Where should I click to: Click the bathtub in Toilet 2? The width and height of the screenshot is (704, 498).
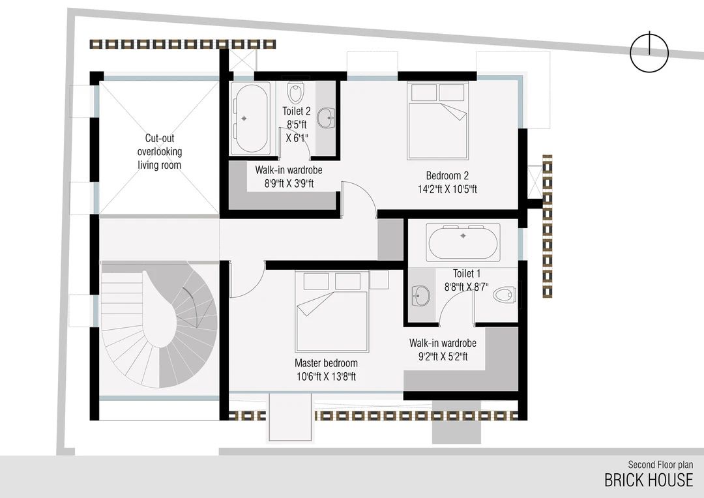[x=252, y=118]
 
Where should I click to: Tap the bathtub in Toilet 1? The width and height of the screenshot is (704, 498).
[x=463, y=242]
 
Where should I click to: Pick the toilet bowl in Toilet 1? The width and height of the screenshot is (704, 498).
[x=505, y=296]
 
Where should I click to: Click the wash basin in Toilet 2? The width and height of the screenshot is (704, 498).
[x=325, y=118]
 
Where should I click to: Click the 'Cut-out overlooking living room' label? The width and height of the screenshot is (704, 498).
[x=159, y=152]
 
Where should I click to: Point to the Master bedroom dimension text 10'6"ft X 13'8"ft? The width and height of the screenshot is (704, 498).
[x=326, y=376]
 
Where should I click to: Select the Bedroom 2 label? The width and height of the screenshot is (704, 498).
[x=447, y=175]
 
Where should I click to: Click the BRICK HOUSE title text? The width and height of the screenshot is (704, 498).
[x=648, y=480]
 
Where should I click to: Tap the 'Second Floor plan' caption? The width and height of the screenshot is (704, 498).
[x=660, y=465]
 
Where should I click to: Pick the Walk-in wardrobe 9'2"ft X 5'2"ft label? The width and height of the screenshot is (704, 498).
[x=443, y=349]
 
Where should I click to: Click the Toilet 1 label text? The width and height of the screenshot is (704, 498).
[x=467, y=274]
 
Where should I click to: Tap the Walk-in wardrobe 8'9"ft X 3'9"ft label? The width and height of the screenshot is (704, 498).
[x=284, y=177]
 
